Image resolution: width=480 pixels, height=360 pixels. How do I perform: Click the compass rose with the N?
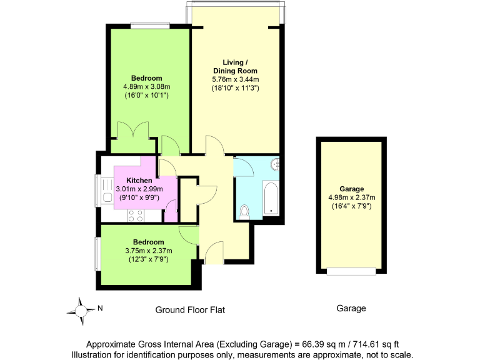point(81,308)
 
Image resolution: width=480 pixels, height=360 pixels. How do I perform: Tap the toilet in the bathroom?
point(244,211)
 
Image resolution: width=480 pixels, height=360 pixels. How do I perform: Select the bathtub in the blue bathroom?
point(271,197)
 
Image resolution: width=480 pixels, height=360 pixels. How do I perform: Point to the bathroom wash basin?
point(276,165)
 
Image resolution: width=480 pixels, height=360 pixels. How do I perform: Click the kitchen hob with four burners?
point(135,215)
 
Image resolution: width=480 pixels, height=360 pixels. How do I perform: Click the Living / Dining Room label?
point(235,66)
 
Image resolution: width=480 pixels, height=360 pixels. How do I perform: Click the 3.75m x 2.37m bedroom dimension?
point(148,251)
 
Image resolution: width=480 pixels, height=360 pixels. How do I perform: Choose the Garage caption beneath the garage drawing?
point(351,309)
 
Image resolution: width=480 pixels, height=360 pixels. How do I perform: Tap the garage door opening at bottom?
point(351,271)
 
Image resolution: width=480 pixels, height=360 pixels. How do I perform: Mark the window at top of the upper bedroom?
point(150,26)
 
